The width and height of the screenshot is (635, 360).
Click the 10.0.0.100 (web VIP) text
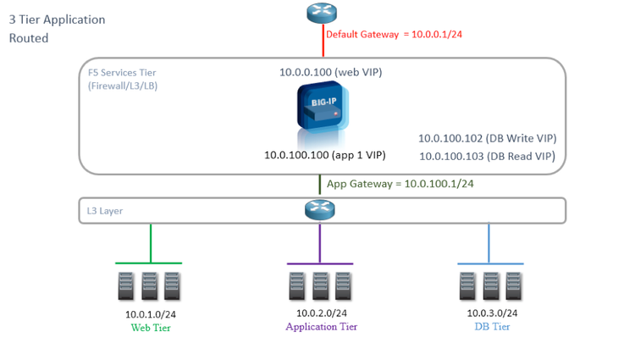pyautogui.click(x=331, y=73)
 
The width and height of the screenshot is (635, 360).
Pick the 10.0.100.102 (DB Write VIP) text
pyautogui.click(x=488, y=138)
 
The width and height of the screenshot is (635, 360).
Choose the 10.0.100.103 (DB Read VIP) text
pyautogui.click(x=488, y=156)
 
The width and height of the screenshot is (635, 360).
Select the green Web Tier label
pyautogui.click(x=151, y=328)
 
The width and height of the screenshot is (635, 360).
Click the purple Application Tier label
pyautogui.click(x=321, y=327)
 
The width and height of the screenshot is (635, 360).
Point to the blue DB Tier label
pyautogui.click(x=492, y=327)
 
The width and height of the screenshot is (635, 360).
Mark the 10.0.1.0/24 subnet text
pyautogui.click(x=151, y=314)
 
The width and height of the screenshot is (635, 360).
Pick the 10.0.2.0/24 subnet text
pyautogui.click(x=321, y=313)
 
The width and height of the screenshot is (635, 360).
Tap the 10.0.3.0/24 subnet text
pyautogui.click(x=492, y=313)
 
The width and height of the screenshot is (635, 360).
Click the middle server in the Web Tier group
pyautogui.click(x=149, y=285)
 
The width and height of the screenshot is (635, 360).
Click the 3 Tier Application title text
pyautogui.click(x=58, y=19)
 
